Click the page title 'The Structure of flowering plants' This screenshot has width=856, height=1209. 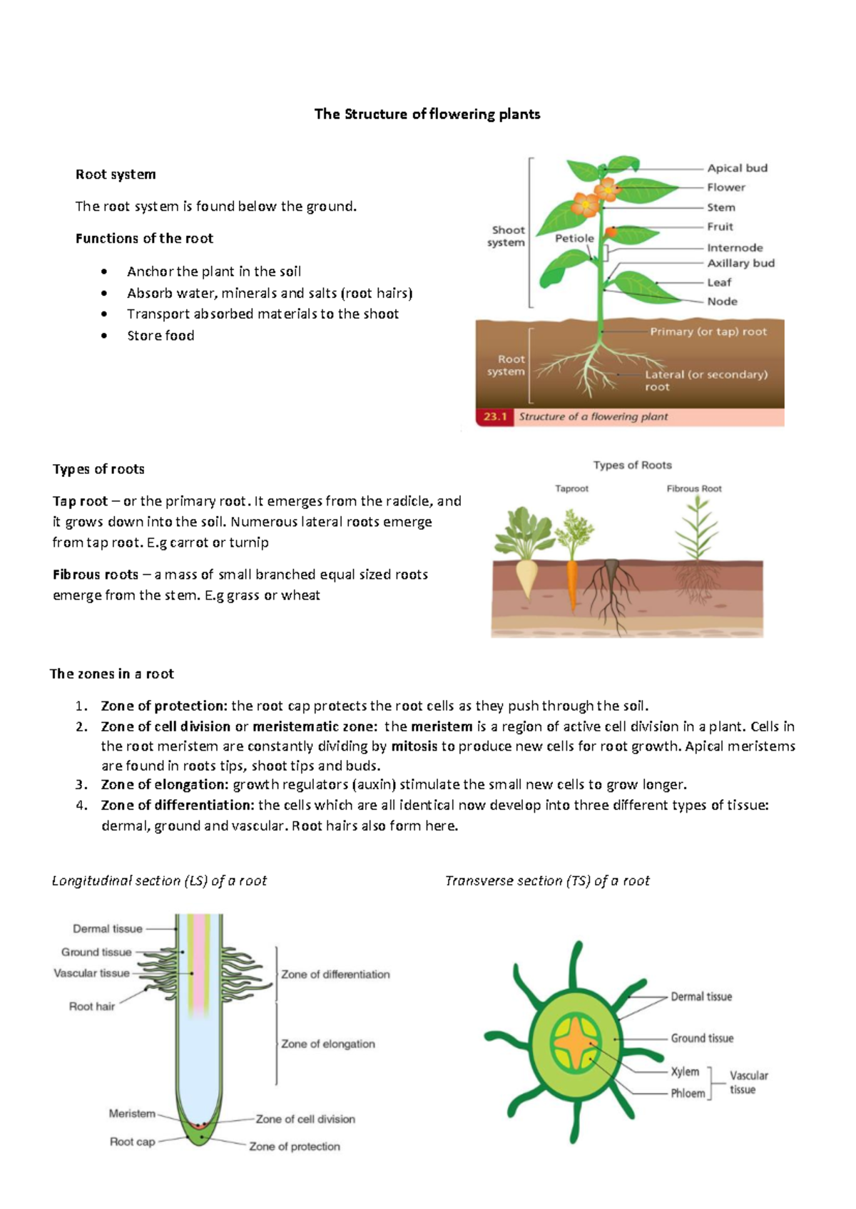[427, 114]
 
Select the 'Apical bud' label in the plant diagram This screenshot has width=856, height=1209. [737, 168]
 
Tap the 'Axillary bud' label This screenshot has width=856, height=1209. [740, 263]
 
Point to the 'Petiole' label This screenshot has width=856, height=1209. [574, 238]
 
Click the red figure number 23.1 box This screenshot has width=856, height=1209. [494, 417]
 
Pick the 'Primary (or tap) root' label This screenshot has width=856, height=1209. [708, 331]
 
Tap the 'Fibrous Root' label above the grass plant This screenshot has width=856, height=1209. [694, 489]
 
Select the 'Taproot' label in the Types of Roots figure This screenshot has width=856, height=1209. [571, 489]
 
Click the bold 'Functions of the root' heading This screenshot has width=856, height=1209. [144, 239]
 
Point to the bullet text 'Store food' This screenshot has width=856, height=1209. [160, 336]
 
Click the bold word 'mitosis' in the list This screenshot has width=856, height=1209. [414, 746]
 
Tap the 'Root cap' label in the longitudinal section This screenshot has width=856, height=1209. [132, 1141]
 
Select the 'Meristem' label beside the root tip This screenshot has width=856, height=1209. [132, 1113]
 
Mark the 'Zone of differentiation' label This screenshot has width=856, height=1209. [335, 974]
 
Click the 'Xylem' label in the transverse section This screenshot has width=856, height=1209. [685, 1071]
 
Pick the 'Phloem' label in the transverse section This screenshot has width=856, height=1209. [688, 1094]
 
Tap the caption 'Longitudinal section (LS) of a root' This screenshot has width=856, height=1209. [159, 881]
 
